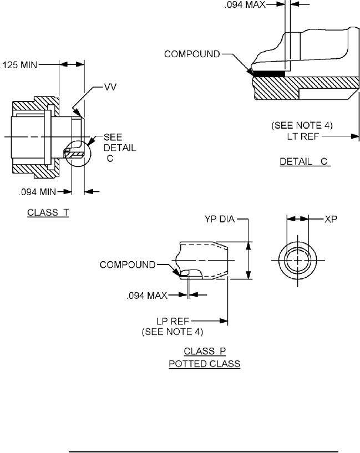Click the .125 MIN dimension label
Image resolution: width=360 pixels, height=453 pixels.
click(x=19, y=65)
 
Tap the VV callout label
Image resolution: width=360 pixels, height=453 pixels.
click(x=110, y=87)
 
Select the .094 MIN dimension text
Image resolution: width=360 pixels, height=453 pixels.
click(x=37, y=192)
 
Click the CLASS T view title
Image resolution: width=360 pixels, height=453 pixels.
click(x=48, y=212)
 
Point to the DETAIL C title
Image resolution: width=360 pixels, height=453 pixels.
click(x=305, y=161)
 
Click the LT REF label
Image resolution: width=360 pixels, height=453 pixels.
click(x=303, y=136)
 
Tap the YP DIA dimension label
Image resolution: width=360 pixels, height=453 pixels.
click(x=220, y=219)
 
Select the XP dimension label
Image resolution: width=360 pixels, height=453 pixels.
click(x=331, y=219)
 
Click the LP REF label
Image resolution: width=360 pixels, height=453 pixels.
click(x=173, y=321)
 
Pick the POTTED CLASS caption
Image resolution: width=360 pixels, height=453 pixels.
click(x=205, y=364)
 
